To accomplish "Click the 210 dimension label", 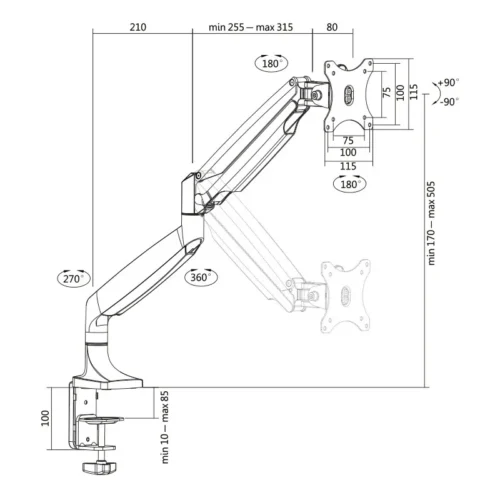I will coord(138,27).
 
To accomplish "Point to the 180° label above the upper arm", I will coord(271,62).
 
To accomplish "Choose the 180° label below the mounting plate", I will coord(348,184).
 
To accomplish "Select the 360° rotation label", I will coord(199,277).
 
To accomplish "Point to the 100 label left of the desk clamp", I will coord(45,417).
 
